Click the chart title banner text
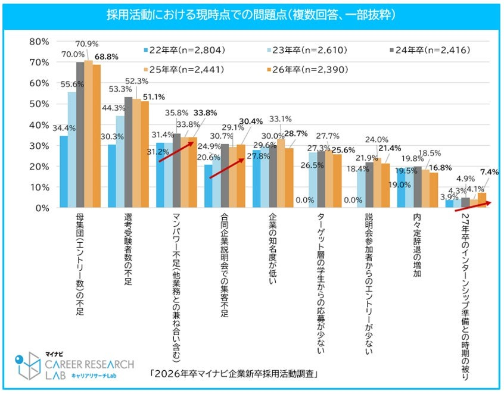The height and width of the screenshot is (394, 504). coord(251,14)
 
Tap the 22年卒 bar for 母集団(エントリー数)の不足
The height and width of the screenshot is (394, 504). coord(63,172)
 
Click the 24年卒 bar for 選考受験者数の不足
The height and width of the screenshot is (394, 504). coord(127,152)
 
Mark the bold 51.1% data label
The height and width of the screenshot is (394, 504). coord(153,96)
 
